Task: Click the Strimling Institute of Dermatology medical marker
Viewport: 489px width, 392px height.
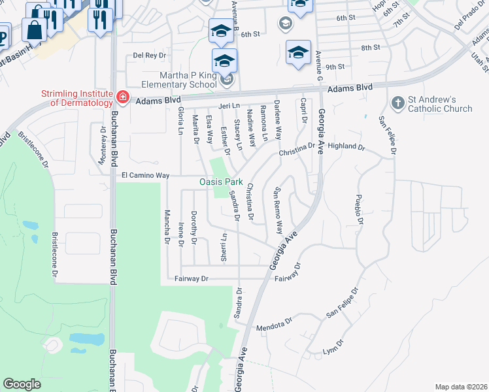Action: click(x=122, y=98)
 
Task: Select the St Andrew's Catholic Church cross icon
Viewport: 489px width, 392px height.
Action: click(x=396, y=103)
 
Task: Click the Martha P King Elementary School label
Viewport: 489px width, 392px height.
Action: click(x=177, y=79)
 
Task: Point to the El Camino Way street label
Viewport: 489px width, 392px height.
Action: click(x=145, y=176)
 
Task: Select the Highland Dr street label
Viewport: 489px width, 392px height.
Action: click(x=346, y=147)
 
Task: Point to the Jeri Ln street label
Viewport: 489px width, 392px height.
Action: click(x=229, y=105)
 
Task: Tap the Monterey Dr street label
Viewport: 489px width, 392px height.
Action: click(x=103, y=139)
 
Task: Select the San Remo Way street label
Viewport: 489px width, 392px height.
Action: click(x=277, y=211)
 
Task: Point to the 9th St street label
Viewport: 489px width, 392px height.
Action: click(x=335, y=67)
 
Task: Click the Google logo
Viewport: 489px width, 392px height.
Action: click(x=22, y=384)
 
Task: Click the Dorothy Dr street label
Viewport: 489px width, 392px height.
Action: click(x=194, y=228)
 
